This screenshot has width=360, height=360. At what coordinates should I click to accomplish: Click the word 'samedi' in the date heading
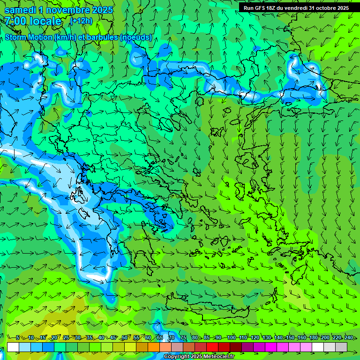[x=20, y=10]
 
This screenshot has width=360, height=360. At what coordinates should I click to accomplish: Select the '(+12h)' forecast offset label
[x=81, y=21]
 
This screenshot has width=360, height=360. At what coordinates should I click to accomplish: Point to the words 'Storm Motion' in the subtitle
[x=28, y=37]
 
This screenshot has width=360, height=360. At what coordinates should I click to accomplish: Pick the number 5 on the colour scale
[x=18, y=338]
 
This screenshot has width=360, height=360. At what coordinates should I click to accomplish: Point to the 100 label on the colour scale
[x=231, y=338]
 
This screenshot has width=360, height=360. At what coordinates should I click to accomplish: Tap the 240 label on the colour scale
[x=348, y=338]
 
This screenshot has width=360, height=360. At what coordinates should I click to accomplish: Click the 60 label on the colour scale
[x=148, y=338]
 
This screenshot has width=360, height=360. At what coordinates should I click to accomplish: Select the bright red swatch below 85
[x=212, y=347]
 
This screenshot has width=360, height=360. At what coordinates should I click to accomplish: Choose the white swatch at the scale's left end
[x=13, y=347]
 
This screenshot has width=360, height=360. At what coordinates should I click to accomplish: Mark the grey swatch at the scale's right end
[x=341, y=347]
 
